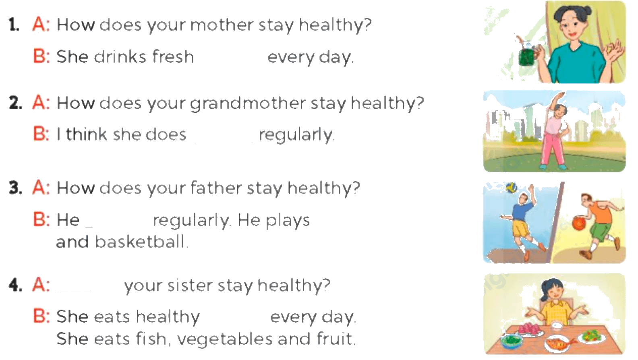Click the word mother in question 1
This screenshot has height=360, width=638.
point(222,25)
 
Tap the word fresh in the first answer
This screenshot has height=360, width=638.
point(173,56)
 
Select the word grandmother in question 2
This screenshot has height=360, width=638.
point(248,103)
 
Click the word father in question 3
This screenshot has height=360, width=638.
point(215,188)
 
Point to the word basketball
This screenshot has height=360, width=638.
point(140,242)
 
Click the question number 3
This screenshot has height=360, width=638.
point(15,188)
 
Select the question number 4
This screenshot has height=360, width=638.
point(15,285)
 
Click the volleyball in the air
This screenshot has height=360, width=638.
point(511,188)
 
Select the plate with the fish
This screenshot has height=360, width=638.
point(557,343)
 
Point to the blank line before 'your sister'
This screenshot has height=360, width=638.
point(75,292)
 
